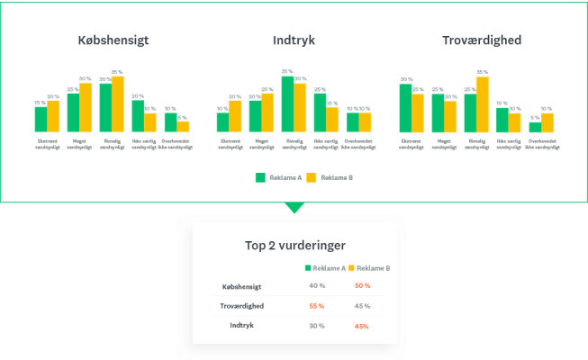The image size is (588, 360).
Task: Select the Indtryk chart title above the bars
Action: point(294,40)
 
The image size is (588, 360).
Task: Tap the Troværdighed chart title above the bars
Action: point(481,40)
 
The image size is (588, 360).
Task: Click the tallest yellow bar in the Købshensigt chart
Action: point(118,104)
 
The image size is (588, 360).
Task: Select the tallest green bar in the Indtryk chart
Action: point(287,103)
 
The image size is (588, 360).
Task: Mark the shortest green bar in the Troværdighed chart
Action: point(535,127)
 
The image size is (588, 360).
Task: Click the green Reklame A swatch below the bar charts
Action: point(260,178)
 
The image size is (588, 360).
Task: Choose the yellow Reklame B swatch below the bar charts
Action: point(312,178)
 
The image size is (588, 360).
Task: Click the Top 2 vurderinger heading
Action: point(294,245)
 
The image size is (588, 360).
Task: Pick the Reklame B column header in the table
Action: point(369,268)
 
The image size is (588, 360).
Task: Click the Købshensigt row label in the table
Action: point(240,287)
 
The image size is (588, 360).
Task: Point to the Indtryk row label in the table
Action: point(240,325)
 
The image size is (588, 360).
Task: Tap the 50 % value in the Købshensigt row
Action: point(363,287)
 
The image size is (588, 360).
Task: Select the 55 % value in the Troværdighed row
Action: point(316,306)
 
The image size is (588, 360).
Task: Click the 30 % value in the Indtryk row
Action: point(316,325)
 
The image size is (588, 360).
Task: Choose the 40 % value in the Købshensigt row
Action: point(316,287)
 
